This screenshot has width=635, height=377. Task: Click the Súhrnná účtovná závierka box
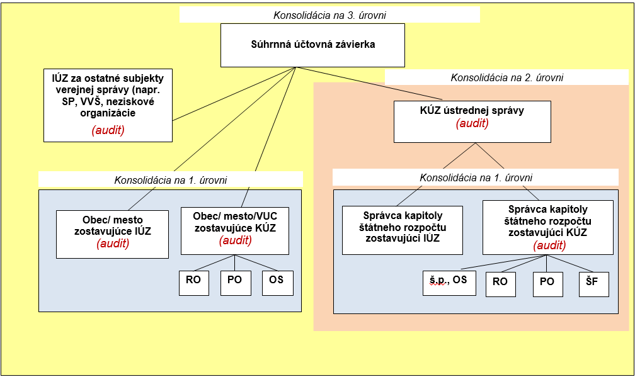point(312,45)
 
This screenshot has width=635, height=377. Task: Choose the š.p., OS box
point(449,281)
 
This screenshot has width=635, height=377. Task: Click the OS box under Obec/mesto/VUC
point(277,281)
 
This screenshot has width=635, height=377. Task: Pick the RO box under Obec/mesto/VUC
point(193,281)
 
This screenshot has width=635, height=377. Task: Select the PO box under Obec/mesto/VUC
point(235,281)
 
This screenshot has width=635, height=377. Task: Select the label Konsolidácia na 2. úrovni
point(506,77)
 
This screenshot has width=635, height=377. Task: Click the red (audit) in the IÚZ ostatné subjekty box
point(108,130)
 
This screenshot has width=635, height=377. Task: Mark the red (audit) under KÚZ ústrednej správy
point(472,123)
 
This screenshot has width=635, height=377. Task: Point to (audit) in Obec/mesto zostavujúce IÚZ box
point(113,243)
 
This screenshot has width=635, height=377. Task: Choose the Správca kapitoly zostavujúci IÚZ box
point(402,230)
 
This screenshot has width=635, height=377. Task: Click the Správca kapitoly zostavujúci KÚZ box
point(548,227)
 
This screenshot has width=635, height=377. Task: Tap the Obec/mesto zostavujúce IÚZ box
point(113,234)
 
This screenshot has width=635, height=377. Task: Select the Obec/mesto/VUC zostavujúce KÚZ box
point(234,231)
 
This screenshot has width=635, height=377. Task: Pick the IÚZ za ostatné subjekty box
point(108,104)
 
